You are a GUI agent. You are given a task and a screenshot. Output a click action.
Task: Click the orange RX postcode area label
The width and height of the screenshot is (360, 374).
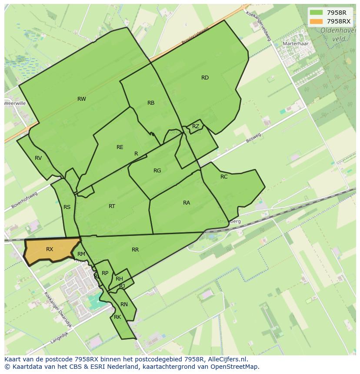(x=50, y=249)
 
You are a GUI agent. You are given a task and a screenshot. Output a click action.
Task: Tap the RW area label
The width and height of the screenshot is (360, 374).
(x=82, y=99)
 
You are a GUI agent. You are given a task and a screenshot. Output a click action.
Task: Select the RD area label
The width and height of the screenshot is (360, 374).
(x=205, y=78)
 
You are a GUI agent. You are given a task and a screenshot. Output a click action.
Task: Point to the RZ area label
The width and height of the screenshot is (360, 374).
(x=196, y=126)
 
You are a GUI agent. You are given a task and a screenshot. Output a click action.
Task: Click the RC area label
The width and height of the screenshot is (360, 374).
(x=224, y=177)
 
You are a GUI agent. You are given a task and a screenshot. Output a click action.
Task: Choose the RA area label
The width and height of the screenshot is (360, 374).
(x=187, y=203)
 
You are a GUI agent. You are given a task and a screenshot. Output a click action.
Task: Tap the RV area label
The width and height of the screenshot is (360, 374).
(x=38, y=158)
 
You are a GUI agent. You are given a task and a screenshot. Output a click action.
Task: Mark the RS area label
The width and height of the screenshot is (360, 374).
(x=67, y=207)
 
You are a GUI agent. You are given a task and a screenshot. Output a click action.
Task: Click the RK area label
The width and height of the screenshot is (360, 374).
(x=117, y=317)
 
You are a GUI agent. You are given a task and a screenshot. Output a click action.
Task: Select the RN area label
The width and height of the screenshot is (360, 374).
(x=124, y=304)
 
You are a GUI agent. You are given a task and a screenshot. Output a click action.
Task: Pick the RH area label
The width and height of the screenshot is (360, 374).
(x=119, y=279)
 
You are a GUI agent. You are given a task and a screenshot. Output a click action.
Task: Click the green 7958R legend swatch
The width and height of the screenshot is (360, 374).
(x=316, y=13)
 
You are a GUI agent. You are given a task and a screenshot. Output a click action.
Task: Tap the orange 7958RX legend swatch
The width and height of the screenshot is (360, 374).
(x=316, y=21)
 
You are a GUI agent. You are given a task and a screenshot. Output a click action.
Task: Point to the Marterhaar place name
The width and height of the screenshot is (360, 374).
(x=295, y=44)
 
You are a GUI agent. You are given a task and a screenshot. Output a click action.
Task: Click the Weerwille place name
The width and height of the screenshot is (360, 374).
(x=15, y=103)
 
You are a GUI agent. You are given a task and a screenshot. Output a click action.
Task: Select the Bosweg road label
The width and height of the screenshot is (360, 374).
(x=253, y=138)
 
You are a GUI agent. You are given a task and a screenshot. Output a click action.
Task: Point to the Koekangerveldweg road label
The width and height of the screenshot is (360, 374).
(x=259, y=26)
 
